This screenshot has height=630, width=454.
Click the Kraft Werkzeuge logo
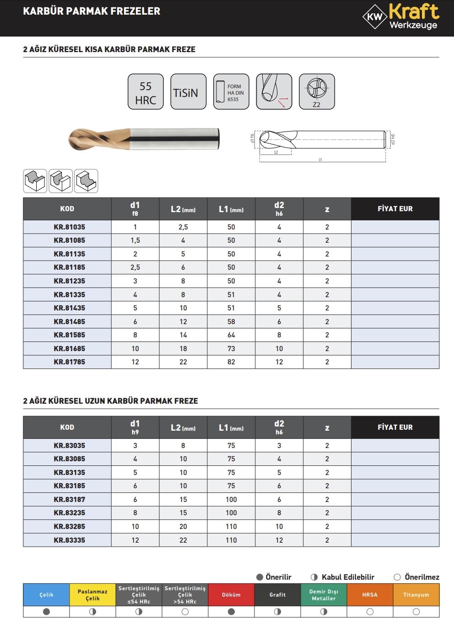click(400, 17)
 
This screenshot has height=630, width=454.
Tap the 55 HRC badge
click(146, 92)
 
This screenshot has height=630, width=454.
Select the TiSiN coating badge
click(185, 92)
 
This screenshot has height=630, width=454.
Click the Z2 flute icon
click(317, 92)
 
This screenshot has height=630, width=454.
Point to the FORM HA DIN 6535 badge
click(231, 92)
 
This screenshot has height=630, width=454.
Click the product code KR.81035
click(69, 227)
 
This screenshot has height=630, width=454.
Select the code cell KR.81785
click(69, 362)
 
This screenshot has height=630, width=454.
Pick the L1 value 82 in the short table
click(231, 362)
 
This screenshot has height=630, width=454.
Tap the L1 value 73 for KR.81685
click(231, 348)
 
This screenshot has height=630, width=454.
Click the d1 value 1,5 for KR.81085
click(135, 240)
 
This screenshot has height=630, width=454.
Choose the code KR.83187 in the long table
click(69, 499)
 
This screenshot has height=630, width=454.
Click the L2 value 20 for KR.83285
click(183, 526)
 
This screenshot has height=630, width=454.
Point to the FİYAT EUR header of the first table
click(395, 208)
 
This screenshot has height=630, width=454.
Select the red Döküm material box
click(231, 595)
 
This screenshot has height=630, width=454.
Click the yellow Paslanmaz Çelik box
click(92, 595)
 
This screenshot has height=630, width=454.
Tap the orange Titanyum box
click(416, 595)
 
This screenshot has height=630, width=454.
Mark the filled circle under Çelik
click(46, 611)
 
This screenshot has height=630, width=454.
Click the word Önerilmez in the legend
click(422, 577)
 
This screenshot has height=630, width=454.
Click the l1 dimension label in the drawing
click(320, 160)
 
